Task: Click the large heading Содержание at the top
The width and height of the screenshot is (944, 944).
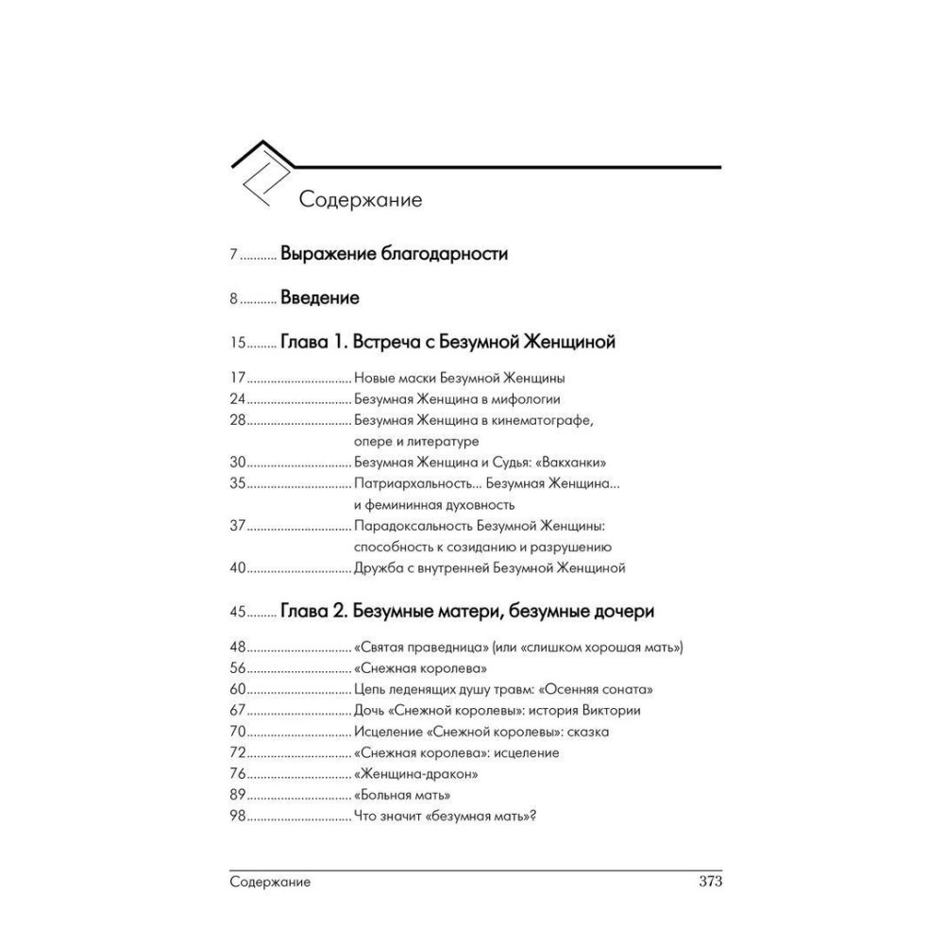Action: coord(360,200)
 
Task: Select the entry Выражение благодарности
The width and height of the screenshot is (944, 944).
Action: coord(394,254)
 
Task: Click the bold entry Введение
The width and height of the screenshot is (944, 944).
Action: coord(319,298)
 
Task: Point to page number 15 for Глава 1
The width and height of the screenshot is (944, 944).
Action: coord(237,343)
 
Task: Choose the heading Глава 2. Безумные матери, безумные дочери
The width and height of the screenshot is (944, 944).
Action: coord(466,612)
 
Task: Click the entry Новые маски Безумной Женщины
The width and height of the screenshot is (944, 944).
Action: coord(459,378)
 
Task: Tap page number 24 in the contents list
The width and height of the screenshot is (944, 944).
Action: coord(238,398)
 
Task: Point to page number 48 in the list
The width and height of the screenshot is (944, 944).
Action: coord(238,648)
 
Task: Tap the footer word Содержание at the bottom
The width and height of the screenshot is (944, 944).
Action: coord(270,883)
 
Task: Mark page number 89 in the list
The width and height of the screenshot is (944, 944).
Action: coord(238,795)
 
